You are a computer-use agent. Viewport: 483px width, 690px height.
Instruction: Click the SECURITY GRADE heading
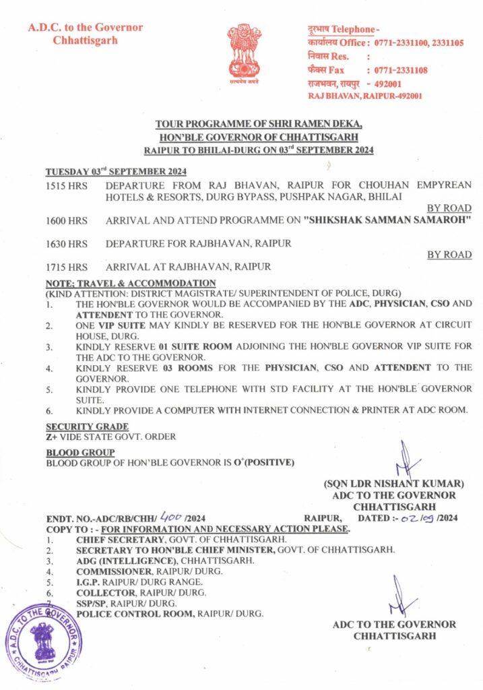point(86,427)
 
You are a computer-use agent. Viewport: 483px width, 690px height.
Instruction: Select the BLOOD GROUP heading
point(79,452)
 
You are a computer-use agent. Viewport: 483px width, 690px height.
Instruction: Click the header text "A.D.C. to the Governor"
point(85,28)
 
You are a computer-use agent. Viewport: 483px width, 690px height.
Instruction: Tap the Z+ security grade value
point(51,437)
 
